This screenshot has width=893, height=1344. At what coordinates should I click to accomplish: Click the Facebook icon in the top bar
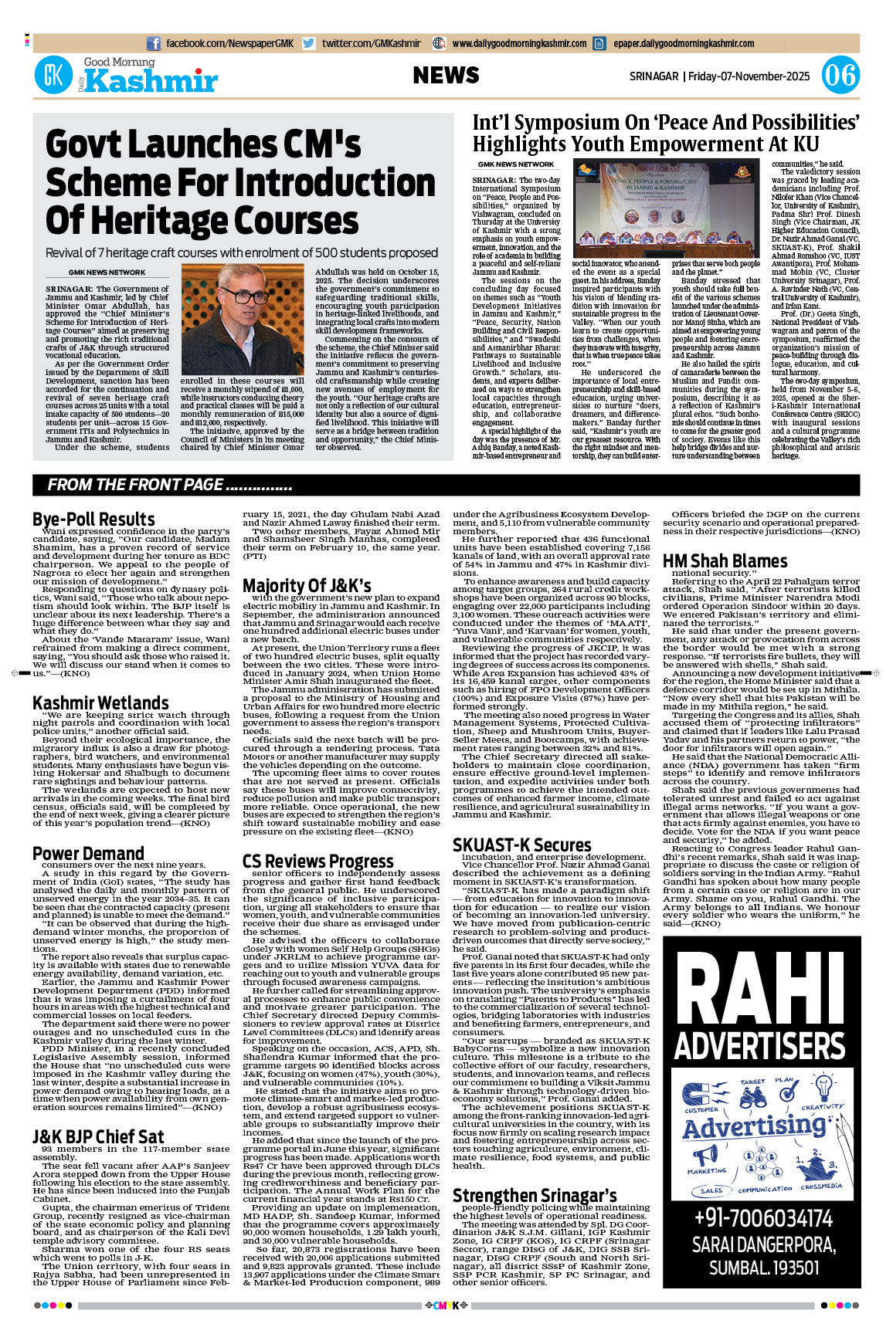[154, 44]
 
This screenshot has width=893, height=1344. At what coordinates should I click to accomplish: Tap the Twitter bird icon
[309, 44]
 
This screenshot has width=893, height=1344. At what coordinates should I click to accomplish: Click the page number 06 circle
[840, 75]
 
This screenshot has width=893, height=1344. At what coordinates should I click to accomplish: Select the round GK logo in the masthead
[53, 76]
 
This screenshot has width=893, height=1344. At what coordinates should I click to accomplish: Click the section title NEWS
[446, 75]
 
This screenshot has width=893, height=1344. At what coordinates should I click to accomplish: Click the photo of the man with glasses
[243, 319]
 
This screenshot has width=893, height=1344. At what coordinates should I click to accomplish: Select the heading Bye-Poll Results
[93, 519]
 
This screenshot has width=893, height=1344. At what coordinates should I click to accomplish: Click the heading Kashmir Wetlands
[100, 702]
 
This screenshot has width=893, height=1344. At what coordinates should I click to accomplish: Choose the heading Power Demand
[88, 853]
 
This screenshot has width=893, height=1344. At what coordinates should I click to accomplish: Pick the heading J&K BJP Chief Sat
[98, 1136]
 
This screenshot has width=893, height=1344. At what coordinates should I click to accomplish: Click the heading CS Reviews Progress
[317, 861]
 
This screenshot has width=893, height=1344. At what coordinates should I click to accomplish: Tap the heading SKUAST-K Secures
[521, 845]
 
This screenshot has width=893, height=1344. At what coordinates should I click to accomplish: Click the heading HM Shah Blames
[725, 561]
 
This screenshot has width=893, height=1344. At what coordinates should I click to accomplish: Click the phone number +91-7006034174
[762, 1218]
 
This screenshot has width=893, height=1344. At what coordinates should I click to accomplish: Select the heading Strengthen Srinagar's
[534, 1195]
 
